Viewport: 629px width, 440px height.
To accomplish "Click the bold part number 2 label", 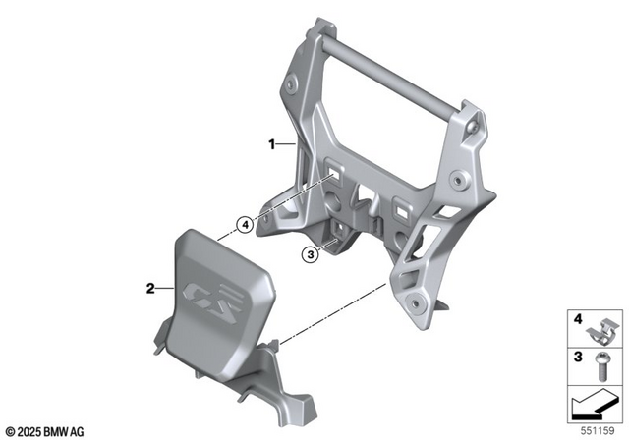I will [x=149, y=289].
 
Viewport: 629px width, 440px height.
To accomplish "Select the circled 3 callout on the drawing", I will [x=310, y=255].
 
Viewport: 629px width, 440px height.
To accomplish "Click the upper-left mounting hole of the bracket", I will [x=293, y=89].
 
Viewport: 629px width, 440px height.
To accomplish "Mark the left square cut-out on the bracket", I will [x=337, y=174].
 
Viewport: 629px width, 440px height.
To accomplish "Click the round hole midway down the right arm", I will [x=458, y=182].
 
